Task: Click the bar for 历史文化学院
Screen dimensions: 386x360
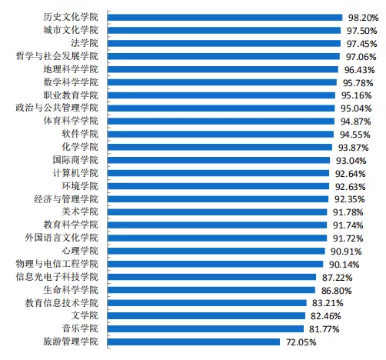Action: pos(225,18)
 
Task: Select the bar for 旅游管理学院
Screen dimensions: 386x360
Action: pos(194,342)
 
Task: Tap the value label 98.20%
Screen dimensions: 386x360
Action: pos(363,18)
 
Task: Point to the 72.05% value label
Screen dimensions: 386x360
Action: pos(301,342)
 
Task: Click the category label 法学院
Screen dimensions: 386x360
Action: pos(85,43)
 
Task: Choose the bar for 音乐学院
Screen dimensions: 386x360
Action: pos(205,328)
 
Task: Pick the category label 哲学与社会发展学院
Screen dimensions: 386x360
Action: pos(57,56)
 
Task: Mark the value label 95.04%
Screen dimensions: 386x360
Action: pos(356,108)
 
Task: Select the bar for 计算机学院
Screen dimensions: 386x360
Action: pos(218,173)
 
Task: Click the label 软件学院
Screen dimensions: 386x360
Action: pos(80,134)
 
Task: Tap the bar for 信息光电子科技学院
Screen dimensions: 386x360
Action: pos(211,277)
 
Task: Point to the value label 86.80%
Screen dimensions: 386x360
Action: pos(336,291)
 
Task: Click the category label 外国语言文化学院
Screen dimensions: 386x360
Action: pos(62,238)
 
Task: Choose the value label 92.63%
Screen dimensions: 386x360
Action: pos(350,187)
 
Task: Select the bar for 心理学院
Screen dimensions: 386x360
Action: pos(216,251)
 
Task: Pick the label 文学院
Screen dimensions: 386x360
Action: pos(85,315)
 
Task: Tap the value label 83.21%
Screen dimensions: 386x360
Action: pos(328,303)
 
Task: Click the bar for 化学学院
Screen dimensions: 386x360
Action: pos(220,147)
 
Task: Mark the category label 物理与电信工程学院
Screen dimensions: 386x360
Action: pos(57,264)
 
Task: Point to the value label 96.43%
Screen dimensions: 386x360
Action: pos(359,70)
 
